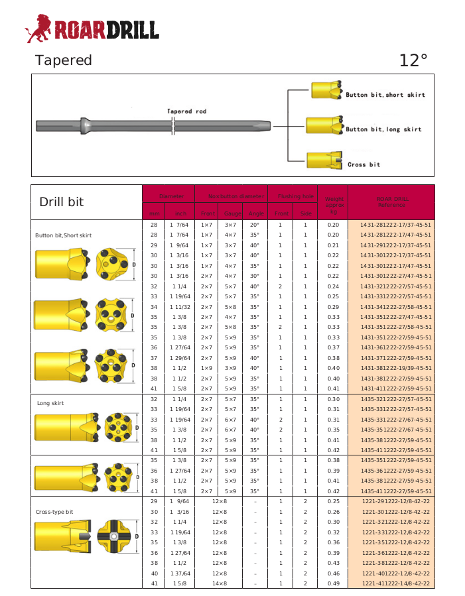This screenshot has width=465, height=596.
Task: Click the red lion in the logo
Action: (38, 28)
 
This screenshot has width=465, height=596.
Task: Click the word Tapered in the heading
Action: (64, 60)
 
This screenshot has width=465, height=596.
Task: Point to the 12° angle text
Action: (413, 60)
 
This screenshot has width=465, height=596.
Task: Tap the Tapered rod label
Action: (186, 111)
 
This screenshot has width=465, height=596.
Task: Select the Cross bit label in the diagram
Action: (364, 164)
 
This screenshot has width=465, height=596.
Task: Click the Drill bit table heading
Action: (62, 202)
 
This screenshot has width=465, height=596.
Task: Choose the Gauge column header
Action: (232, 213)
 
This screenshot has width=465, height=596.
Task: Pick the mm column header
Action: (154, 213)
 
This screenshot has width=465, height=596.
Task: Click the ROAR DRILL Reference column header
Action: (392, 202)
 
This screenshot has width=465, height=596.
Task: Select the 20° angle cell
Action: (255, 225)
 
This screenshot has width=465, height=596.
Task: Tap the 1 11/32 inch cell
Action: (180, 307)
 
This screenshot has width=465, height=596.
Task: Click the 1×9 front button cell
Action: (206, 368)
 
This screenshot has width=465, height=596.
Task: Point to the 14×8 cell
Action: (220, 583)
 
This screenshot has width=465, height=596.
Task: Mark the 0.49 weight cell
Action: (333, 583)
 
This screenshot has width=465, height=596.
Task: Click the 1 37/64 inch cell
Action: (180, 573)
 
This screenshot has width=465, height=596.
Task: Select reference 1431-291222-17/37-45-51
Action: (395, 245)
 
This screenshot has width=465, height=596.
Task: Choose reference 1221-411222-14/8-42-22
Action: (395, 583)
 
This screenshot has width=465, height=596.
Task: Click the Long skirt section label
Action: (50, 402)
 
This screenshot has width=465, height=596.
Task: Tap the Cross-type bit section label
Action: (54, 512)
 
